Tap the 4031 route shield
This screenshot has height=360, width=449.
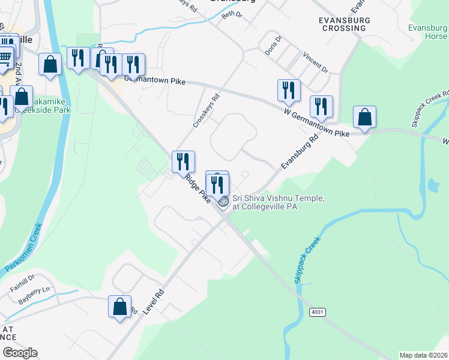(x=318, y=313)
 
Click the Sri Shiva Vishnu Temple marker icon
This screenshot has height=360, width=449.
(x=223, y=202)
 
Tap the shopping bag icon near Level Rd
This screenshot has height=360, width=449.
(x=119, y=307)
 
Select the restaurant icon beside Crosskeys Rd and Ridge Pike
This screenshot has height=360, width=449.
(x=183, y=161)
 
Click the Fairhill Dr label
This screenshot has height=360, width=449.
(x=22, y=281)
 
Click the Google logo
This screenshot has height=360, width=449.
(x=20, y=353)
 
